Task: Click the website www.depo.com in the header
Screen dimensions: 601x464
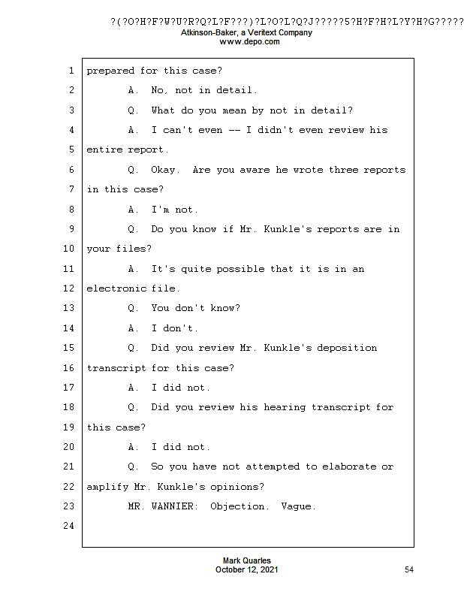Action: pos(249,42)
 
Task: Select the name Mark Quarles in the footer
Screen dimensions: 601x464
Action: pos(247,561)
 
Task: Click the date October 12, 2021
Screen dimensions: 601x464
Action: pos(247,570)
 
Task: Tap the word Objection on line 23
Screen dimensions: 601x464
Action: pos(238,506)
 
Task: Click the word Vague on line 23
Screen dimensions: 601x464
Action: pos(297,506)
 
